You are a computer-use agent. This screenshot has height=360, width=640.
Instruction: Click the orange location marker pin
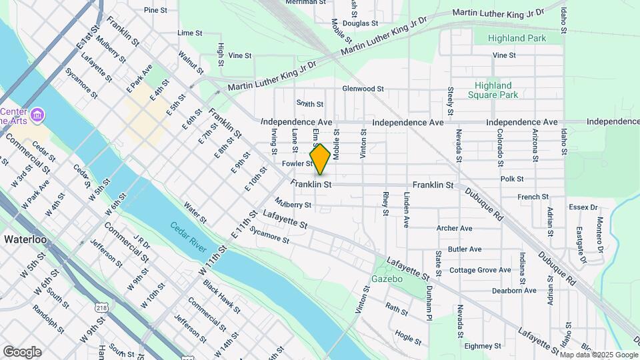pos(320,159)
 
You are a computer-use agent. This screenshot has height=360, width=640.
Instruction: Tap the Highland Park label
pos(517,39)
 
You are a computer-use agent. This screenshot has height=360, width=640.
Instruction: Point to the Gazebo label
pos(387,279)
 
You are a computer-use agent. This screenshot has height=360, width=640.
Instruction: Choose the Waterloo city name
pos(24,238)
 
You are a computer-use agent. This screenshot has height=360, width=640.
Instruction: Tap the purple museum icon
pos(38,115)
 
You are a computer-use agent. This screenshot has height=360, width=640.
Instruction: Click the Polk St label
pos(512,179)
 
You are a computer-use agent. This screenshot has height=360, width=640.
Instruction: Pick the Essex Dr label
pos(583,207)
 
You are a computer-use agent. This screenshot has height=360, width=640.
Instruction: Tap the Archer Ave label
pos(454,228)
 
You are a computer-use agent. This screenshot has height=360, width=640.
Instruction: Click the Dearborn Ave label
pos(514,291)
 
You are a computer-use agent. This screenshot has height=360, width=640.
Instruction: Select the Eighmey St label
pos(483,346)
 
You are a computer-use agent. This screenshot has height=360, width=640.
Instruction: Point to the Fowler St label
pos(297,163)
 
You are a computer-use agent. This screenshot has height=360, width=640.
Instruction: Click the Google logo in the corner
pos(22,352)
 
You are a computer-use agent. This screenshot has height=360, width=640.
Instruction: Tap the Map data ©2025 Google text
pos(599,355)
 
